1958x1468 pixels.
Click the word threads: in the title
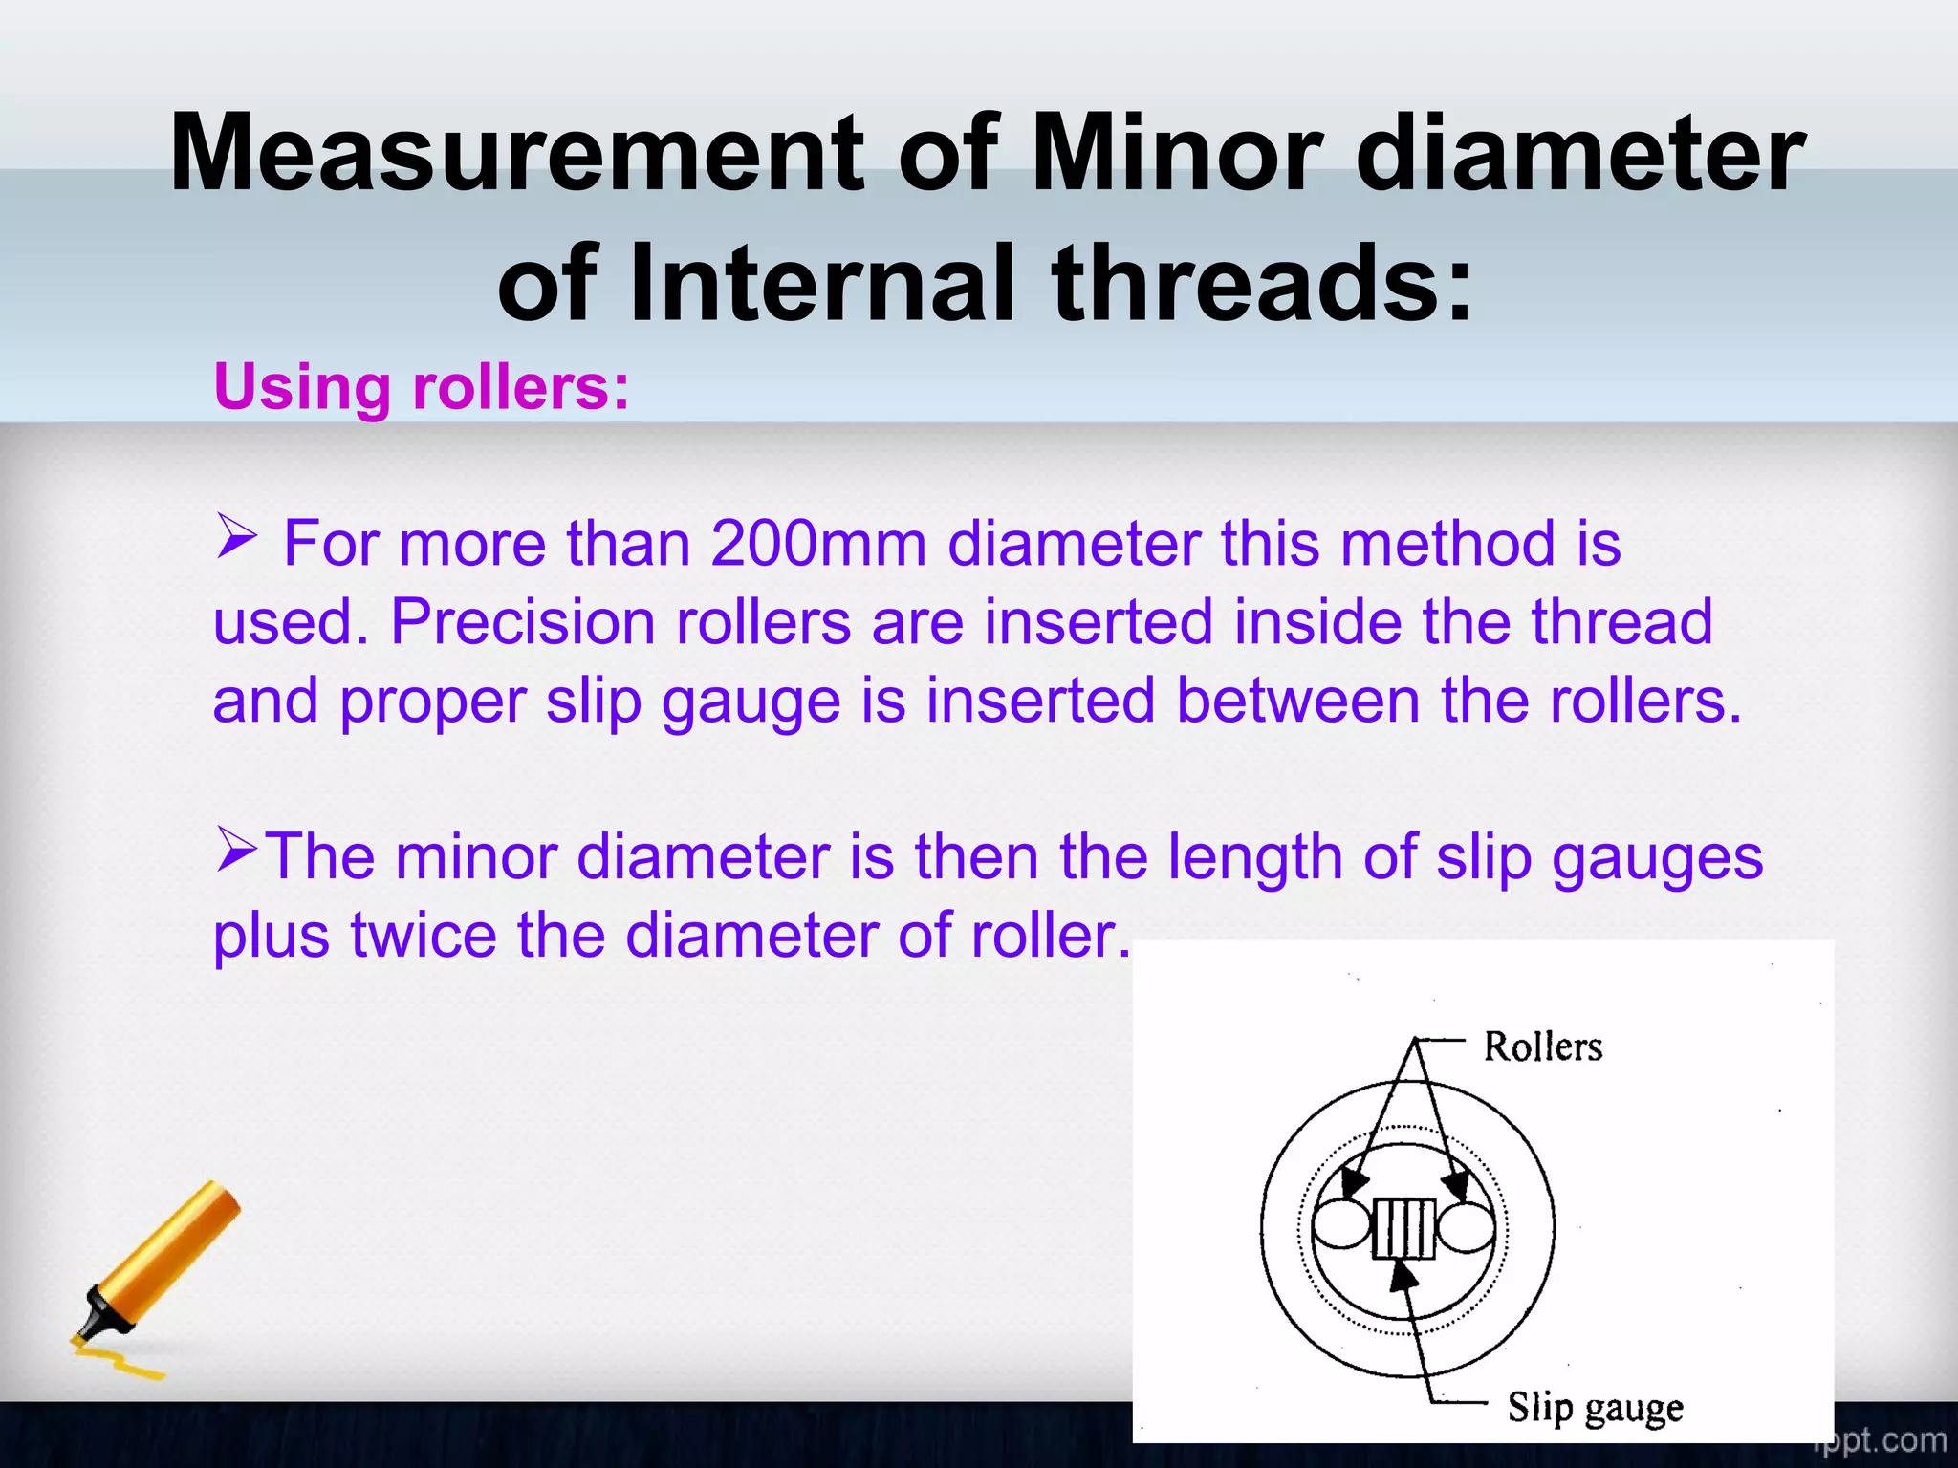(1262, 284)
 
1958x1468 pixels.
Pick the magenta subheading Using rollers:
(422, 387)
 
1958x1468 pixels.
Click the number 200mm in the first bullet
(818, 544)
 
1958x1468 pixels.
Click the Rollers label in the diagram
(1542, 1047)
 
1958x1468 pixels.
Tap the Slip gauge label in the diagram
(1595, 1408)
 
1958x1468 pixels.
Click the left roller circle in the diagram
(1341, 1225)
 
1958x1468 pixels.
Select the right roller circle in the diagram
(1466, 1225)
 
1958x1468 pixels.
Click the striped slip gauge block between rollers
(1403, 1228)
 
